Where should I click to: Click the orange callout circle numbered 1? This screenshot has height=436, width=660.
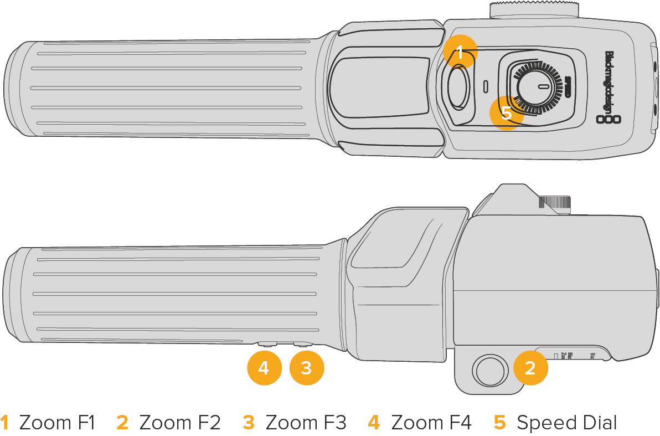pos(460,52)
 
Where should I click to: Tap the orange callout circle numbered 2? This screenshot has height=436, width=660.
pos(530,368)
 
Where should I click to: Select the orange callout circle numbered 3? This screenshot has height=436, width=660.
pos(307,368)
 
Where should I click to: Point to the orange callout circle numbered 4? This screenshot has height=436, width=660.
pos(264,368)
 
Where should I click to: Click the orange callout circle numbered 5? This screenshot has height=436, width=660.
pos(507,113)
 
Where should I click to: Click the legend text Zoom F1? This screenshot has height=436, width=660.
pos(57,423)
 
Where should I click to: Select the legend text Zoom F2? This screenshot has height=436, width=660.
pos(180,423)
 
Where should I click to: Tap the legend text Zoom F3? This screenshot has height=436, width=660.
pos(306,423)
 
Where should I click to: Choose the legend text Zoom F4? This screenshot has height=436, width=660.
pos(431,423)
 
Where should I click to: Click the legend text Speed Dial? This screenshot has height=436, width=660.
pos(566,423)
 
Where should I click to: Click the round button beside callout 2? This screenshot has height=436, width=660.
pos(489,370)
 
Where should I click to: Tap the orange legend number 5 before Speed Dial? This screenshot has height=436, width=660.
pos(500,423)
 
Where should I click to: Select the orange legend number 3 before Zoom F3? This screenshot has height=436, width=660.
pos(249,423)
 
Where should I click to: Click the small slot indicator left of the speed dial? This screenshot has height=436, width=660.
pos(486,86)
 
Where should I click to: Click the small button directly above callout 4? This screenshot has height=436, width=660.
pos(267,344)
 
